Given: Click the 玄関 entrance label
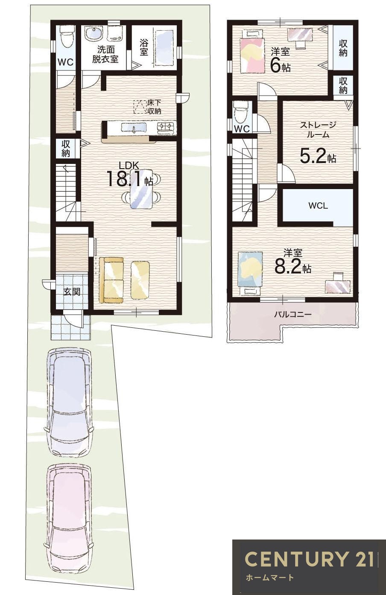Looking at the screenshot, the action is [72, 292].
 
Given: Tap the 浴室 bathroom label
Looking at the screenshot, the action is [144, 47].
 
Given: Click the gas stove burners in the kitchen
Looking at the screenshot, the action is [166, 127].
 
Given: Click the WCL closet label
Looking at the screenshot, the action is [318, 206].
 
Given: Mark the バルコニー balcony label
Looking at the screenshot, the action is [292, 315].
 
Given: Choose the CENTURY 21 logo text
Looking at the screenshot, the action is [309, 551].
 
